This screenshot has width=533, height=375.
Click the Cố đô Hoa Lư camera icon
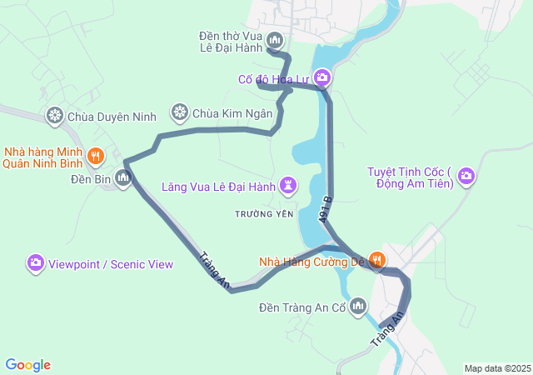tap(322, 79)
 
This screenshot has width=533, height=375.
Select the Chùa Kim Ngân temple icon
tap(179, 112)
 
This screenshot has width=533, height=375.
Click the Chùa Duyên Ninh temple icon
tap(55, 115)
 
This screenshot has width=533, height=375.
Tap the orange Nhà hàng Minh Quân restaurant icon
tap(96, 155)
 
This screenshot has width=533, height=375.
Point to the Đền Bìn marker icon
tap(124, 177)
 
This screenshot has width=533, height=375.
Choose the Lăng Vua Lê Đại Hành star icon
tap(288, 185)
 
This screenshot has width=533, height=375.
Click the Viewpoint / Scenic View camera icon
tap(35, 263)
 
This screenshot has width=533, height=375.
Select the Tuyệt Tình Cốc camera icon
tap(466, 175)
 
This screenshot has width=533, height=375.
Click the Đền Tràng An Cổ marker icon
tap(359, 307)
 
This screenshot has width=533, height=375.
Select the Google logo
tap(27, 365)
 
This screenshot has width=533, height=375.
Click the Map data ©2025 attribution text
tap(496, 368)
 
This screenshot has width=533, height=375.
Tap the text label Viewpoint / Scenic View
tap(111, 264)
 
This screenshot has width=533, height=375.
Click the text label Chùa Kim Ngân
tap(232, 112)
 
